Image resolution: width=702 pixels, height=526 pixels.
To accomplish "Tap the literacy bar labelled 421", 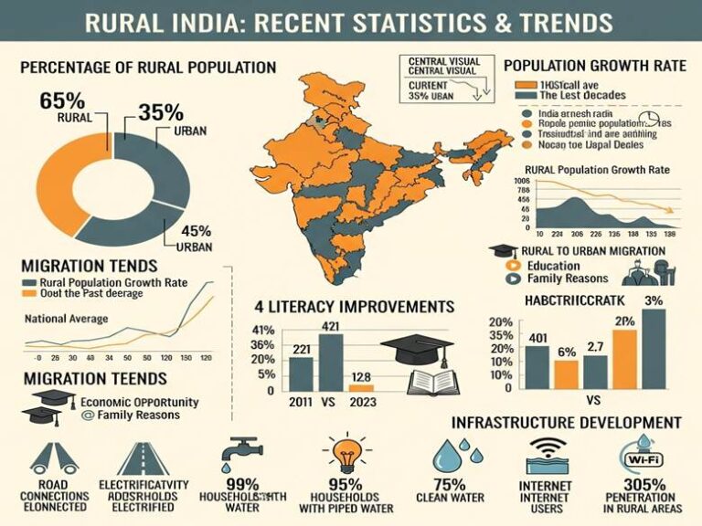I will (330, 362).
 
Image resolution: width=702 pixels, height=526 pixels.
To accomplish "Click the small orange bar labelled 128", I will (361, 388).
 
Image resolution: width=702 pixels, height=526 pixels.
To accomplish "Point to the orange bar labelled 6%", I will (567, 373).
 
